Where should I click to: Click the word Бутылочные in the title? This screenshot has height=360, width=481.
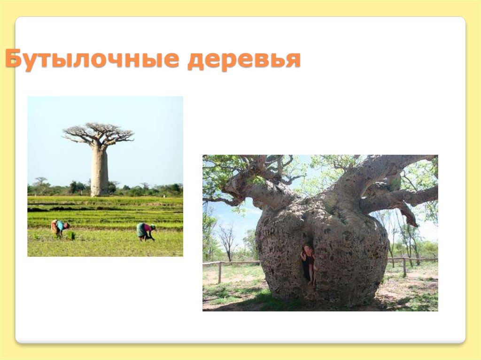pos(92,60)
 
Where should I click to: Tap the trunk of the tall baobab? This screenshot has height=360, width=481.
pos(99,169)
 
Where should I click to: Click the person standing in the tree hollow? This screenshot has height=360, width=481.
pos(308,263)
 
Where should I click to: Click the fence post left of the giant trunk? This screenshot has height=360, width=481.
pos(219,272)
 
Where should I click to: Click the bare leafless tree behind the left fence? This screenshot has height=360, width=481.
pos(228,239)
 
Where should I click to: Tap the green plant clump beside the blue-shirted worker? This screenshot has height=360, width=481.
pos(70,234)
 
